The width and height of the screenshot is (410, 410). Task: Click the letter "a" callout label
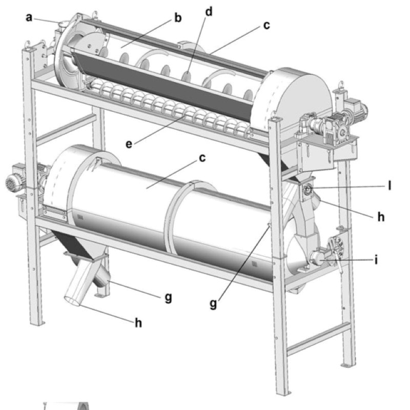pyautogui.click(x=29, y=17)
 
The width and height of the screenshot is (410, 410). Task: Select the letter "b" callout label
pyautogui.click(x=178, y=18)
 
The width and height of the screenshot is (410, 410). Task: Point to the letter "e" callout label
pyautogui.click(x=130, y=144)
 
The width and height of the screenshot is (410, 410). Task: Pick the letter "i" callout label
pyautogui.click(x=377, y=260)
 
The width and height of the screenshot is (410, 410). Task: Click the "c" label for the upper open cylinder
pyautogui.click(x=266, y=25)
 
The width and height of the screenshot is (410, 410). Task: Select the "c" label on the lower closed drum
pyautogui.click(x=202, y=158)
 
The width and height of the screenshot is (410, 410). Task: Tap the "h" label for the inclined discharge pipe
pyautogui.click(x=137, y=323)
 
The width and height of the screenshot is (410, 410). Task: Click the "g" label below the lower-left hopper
pyautogui.click(x=168, y=297)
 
